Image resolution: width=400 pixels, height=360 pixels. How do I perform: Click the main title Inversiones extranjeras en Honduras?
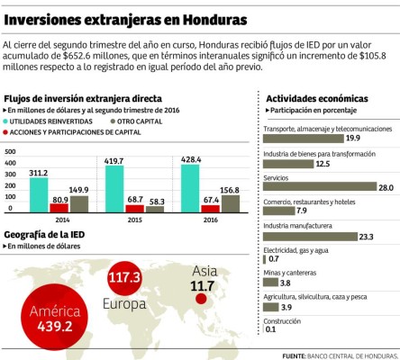pos(125,17)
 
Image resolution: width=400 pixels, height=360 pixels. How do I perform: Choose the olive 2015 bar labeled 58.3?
pos(155,210)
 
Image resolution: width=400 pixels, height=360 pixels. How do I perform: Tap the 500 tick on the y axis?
pos(10,150)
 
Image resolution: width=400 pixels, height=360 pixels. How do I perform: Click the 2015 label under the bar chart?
pos(134,220)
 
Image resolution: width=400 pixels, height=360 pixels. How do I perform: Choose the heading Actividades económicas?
pos(316,97)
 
